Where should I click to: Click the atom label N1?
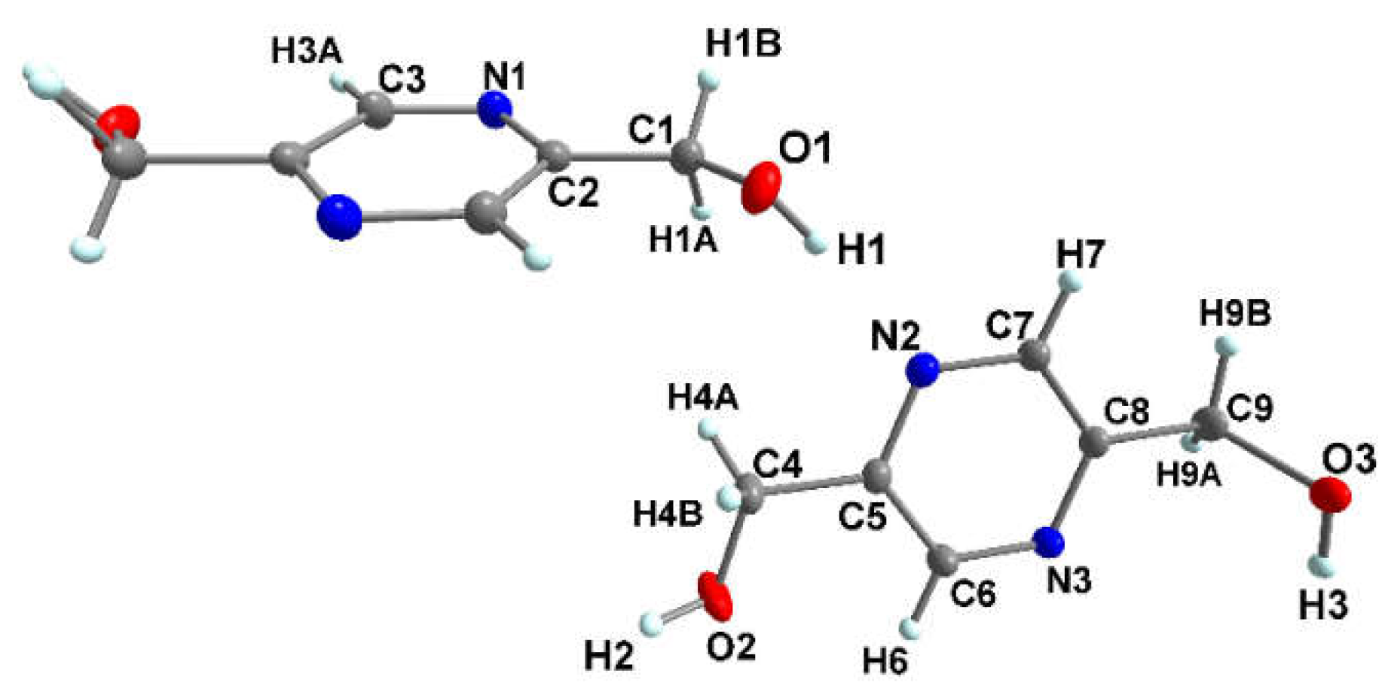(x=504, y=76)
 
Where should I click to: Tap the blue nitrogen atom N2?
(x=923, y=370)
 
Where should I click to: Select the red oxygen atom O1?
(x=760, y=187)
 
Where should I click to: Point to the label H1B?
(x=743, y=44)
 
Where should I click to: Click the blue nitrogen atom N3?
(x=1048, y=541)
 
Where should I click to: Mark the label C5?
(x=863, y=516)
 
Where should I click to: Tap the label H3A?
(x=307, y=52)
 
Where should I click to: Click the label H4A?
(x=703, y=398)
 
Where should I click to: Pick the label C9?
(x=1249, y=408)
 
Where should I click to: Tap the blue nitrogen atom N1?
(x=494, y=110)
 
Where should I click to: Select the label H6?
(x=885, y=662)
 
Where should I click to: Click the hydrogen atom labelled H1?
(x=815, y=244)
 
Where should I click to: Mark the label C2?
(x=573, y=193)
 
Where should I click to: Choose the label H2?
(x=609, y=657)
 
